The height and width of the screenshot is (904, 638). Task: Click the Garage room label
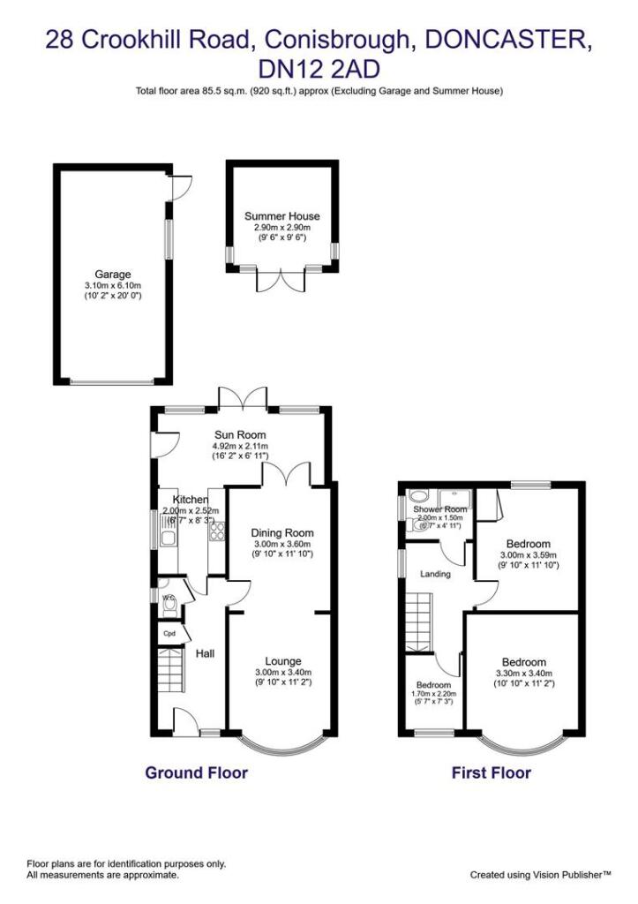(113, 275)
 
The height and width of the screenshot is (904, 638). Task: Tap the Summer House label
(281, 216)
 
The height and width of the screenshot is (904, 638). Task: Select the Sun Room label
(240, 434)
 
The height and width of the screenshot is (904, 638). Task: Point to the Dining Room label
(282, 533)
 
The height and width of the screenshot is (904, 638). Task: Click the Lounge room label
(283, 661)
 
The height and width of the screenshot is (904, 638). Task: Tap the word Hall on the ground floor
(205, 653)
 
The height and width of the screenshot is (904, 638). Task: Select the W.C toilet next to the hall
(167, 599)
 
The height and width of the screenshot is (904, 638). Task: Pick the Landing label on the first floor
(435, 574)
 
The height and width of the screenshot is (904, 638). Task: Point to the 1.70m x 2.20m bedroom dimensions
(433, 694)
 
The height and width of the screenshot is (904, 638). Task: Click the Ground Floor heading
(196, 773)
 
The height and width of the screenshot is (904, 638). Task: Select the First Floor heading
(492, 773)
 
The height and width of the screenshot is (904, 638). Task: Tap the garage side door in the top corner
(179, 186)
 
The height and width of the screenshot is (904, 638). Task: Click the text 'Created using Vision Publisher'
(540, 875)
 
